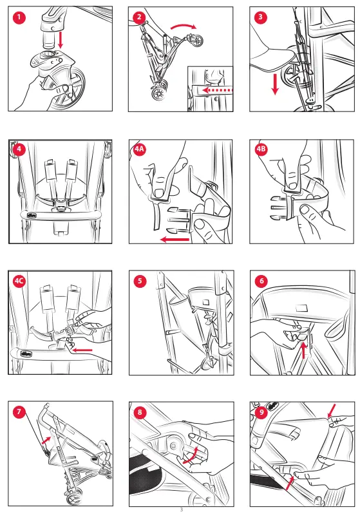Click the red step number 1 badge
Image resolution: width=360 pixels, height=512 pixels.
click(19, 17)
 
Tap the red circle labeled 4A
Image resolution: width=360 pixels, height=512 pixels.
click(140, 149)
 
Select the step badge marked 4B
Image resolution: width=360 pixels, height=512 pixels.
click(261, 149)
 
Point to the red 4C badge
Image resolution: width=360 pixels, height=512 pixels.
click(19, 281)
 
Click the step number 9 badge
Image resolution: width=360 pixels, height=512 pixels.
click(261, 412)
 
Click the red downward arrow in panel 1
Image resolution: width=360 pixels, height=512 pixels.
click(60, 40)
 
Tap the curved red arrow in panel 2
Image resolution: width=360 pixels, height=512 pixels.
click(184, 26)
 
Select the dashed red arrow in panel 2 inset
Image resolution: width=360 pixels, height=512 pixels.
click(217, 90)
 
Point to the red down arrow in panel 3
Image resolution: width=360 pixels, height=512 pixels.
click(275, 84)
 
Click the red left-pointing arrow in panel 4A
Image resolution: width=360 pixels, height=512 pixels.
click(175, 240)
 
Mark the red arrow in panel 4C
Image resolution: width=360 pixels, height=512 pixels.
click(82, 350)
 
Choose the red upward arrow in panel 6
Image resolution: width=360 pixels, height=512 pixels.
click(304, 350)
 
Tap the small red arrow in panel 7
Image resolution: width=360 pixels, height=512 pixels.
click(46, 440)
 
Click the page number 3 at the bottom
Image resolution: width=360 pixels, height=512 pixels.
click(182, 509)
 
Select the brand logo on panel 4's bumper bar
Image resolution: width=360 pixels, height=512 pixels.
click(32, 216)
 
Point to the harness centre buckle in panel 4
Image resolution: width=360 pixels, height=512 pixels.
click(61, 204)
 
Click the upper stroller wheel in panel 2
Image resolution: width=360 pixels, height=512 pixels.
click(196, 41)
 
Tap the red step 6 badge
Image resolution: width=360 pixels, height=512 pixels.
click(261, 281)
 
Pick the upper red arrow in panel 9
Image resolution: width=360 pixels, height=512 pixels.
click(331, 410)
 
